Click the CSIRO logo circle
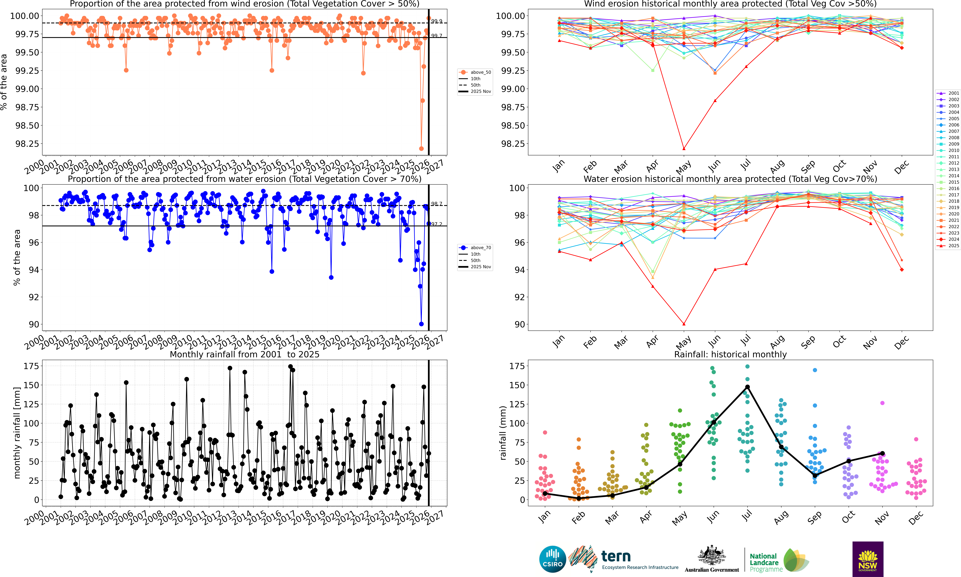pos(552,559)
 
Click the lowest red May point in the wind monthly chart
pos(684,149)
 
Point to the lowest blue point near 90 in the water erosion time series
pos(421,324)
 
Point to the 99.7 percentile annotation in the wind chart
pos(436,36)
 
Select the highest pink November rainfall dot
pos(882,403)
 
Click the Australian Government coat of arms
pos(711,555)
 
